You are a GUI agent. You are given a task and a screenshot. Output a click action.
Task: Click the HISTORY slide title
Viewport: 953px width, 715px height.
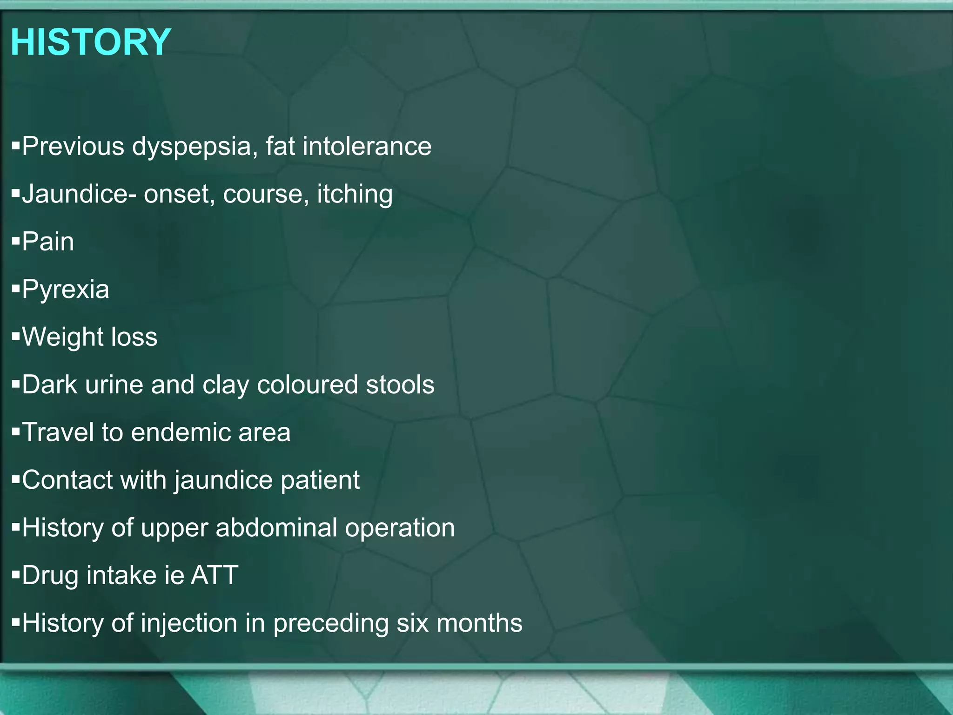(x=91, y=42)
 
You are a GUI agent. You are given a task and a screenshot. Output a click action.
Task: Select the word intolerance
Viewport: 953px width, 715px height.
(x=367, y=146)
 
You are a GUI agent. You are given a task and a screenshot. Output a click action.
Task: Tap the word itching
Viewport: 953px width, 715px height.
(x=355, y=195)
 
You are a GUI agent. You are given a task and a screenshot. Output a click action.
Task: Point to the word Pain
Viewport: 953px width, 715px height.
(x=48, y=242)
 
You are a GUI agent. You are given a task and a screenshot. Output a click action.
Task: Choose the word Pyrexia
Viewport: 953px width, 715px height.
(x=66, y=290)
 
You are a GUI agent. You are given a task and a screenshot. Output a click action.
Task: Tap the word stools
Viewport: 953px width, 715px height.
(x=400, y=385)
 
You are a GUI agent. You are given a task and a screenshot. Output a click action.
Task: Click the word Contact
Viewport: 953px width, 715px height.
(x=67, y=480)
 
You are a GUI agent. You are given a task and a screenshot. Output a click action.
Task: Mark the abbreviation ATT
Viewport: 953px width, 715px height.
(x=215, y=575)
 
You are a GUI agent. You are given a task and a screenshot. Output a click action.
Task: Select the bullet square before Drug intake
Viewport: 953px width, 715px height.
(x=16, y=575)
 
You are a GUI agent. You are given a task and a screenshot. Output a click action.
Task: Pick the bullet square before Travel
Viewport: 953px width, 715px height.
(x=16, y=432)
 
